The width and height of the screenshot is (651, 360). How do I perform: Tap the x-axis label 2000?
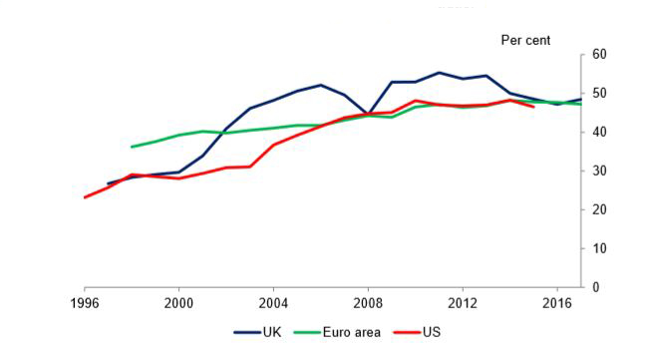pyautogui.click(x=178, y=303)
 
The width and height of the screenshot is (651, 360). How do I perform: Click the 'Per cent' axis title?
pyautogui.click(x=525, y=40)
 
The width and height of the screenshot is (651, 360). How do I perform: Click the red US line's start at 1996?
pyautogui.click(x=85, y=196)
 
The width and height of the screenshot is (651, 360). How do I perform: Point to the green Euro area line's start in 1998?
pyautogui.click(x=133, y=147)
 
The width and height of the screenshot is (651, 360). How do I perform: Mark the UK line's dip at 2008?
pyautogui.click(x=368, y=115)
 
